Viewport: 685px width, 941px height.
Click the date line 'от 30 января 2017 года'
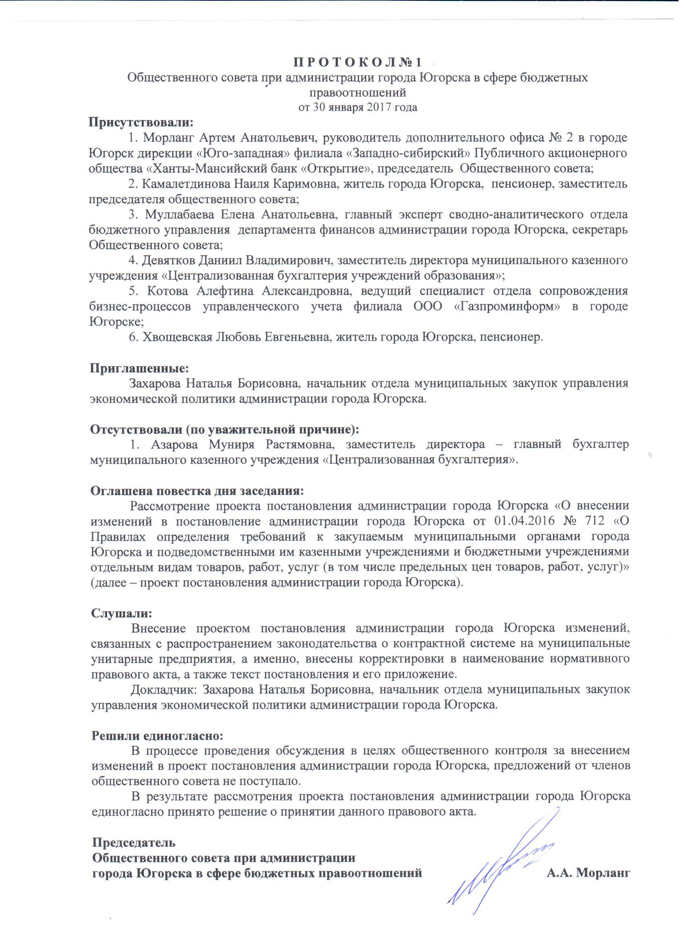[x=357, y=107]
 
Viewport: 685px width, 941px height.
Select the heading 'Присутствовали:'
[x=141, y=122]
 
